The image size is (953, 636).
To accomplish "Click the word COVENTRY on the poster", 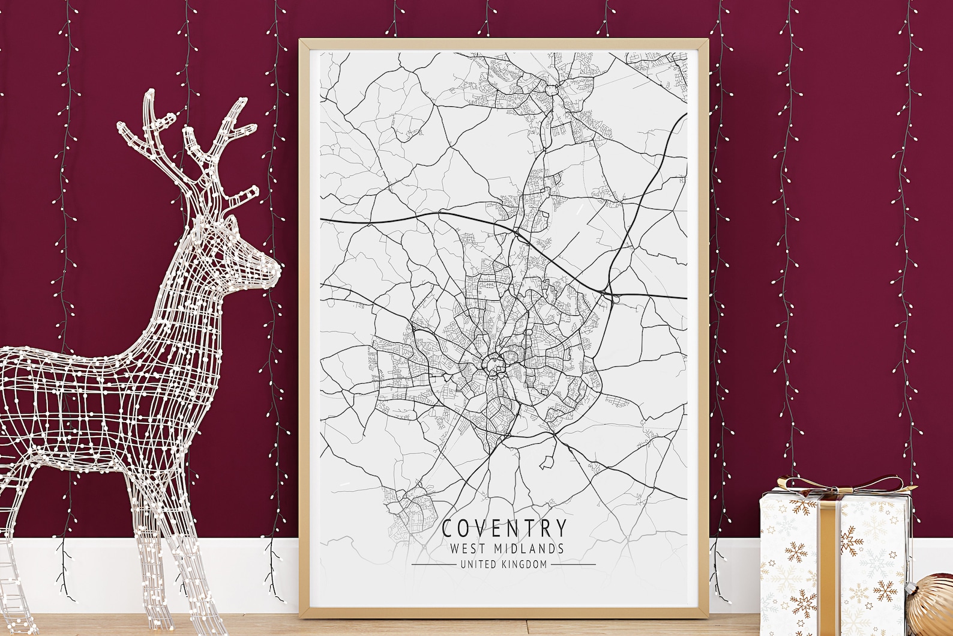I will [504, 527].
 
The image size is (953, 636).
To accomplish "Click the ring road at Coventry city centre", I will [496, 364].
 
